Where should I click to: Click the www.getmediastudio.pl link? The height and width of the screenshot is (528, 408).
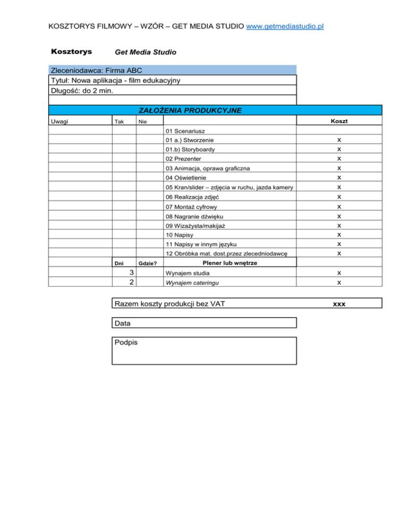(x=285, y=25)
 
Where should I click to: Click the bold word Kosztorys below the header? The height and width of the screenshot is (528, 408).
(x=71, y=52)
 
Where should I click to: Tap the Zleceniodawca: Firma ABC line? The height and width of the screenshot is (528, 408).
(x=96, y=70)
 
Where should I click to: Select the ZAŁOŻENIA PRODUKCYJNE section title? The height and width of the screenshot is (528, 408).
(x=190, y=110)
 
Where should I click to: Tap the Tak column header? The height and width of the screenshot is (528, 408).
(x=120, y=122)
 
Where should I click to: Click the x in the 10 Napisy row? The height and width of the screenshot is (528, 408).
(x=338, y=234)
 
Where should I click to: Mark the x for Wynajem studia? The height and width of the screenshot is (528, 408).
(x=338, y=273)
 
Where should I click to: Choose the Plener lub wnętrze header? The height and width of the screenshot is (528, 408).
(x=228, y=263)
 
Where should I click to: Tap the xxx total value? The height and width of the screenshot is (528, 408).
(x=338, y=304)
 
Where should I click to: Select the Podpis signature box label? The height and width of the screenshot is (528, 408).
(x=126, y=343)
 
